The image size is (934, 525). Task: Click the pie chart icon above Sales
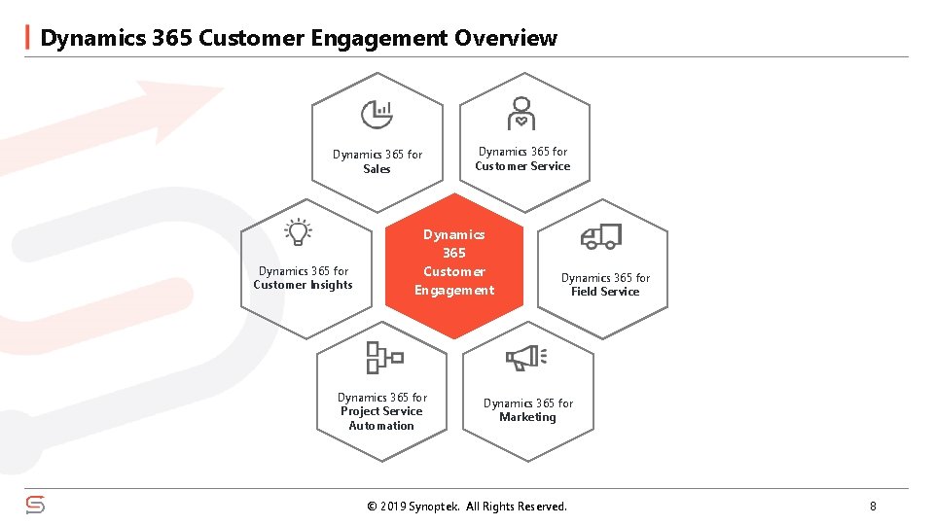click(x=377, y=115)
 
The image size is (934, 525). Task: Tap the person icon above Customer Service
click(x=521, y=113)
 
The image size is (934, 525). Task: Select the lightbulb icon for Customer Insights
click(x=298, y=231)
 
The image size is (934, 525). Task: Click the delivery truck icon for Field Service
click(x=600, y=236)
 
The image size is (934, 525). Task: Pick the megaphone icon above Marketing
click(x=526, y=358)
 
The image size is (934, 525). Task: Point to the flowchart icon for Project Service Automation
click(x=383, y=358)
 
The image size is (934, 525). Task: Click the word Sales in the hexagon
click(x=377, y=169)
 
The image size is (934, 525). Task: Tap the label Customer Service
click(x=522, y=166)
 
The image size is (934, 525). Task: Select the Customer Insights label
click(x=303, y=285)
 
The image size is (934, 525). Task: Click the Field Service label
click(x=605, y=292)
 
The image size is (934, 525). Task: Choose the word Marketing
click(x=527, y=417)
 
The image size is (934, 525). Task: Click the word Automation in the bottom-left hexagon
click(x=381, y=426)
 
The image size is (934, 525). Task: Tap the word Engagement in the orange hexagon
click(x=454, y=291)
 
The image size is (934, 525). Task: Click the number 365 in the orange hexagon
click(x=454, y=253)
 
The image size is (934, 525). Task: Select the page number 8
click(x=873, y=506)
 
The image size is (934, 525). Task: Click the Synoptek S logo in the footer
click(x=35, y=506)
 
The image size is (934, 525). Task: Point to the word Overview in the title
click(x=506, y=38)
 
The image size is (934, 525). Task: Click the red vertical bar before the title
click(x=26, y=37)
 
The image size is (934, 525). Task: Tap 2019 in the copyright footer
click(x=392, y=507)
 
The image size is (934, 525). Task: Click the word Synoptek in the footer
click(x=435, y=507)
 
